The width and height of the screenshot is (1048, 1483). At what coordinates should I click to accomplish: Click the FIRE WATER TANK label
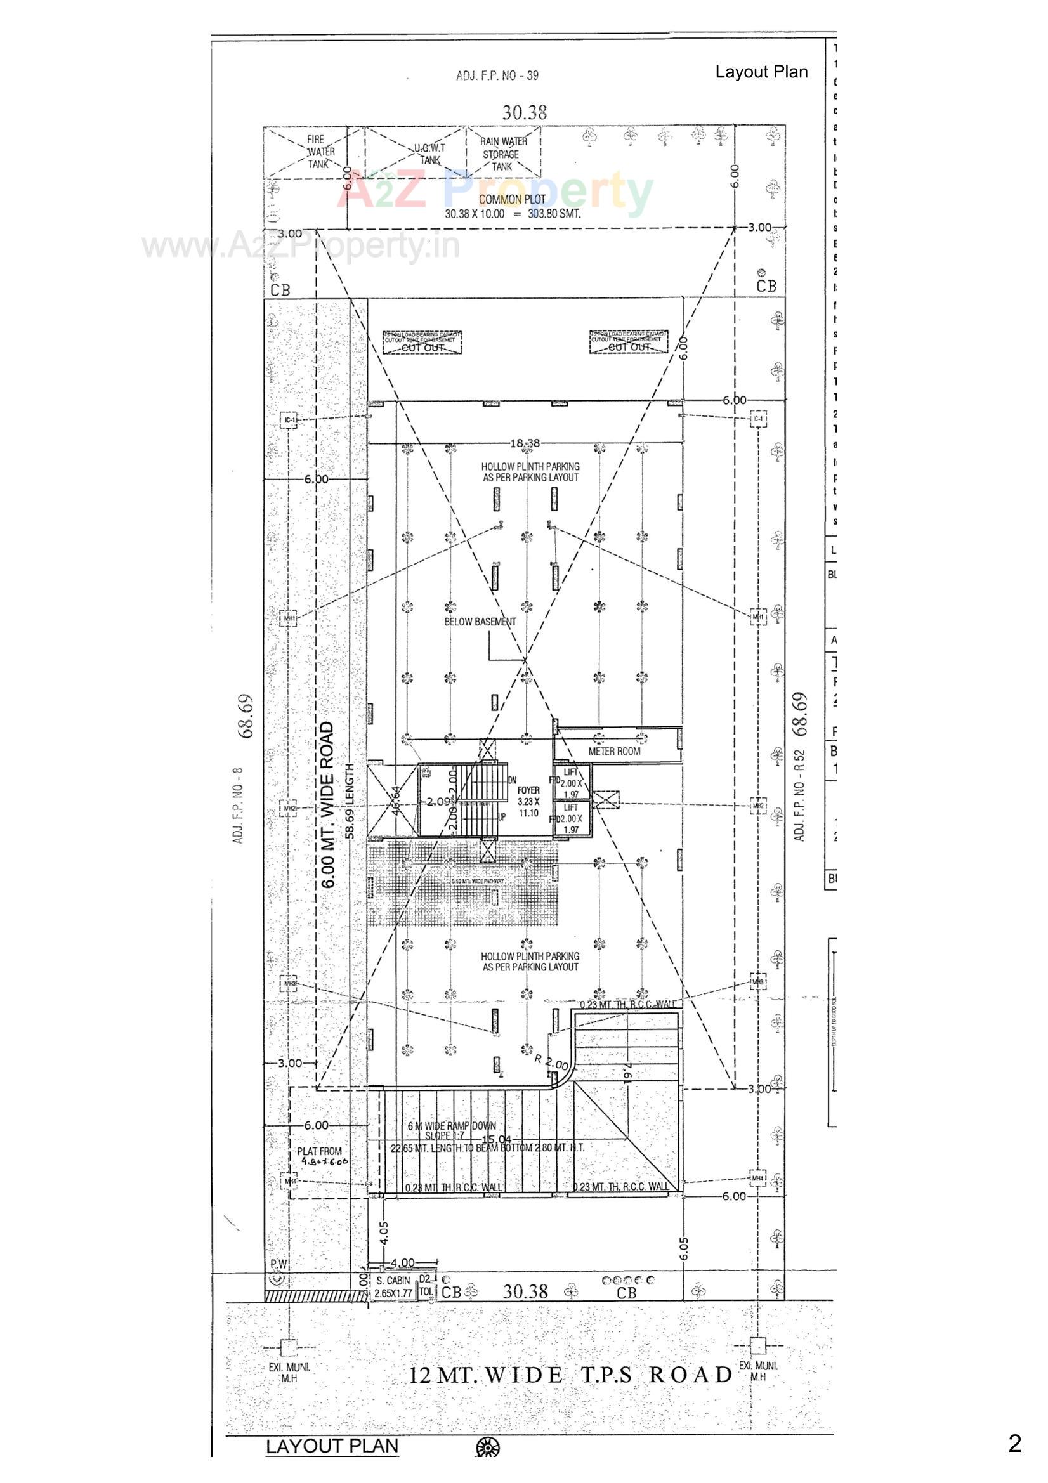click(x=320, y=152)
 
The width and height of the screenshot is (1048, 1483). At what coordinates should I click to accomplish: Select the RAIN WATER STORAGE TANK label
click(x=503, y=154)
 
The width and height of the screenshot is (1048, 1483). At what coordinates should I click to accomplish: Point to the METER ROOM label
click(x=614, y=751)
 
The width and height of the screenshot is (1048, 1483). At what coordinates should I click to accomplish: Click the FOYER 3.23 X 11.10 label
click(x=528, y=801)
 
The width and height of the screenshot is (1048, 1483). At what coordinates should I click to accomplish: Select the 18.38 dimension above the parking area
click(x=525, y=443)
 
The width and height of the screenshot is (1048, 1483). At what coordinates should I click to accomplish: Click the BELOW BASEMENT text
click(x=480, y=622)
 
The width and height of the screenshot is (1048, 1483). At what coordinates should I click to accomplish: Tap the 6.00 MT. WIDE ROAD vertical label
click(x=327, y=805)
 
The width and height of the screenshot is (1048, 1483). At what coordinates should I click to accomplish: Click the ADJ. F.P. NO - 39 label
click(x=497, y=75)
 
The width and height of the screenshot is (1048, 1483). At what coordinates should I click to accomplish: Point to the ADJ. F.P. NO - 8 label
click(x=237, y=805)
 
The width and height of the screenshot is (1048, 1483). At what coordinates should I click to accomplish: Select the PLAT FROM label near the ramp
click(x=320, y=1152)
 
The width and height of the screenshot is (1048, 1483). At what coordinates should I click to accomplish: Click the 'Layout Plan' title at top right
click(x=761, y=72)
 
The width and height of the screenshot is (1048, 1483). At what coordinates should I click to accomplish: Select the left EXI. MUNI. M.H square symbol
click(x=289, y=1347)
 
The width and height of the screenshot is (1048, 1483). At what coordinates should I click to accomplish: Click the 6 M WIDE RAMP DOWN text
click(x=452, y=1126)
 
